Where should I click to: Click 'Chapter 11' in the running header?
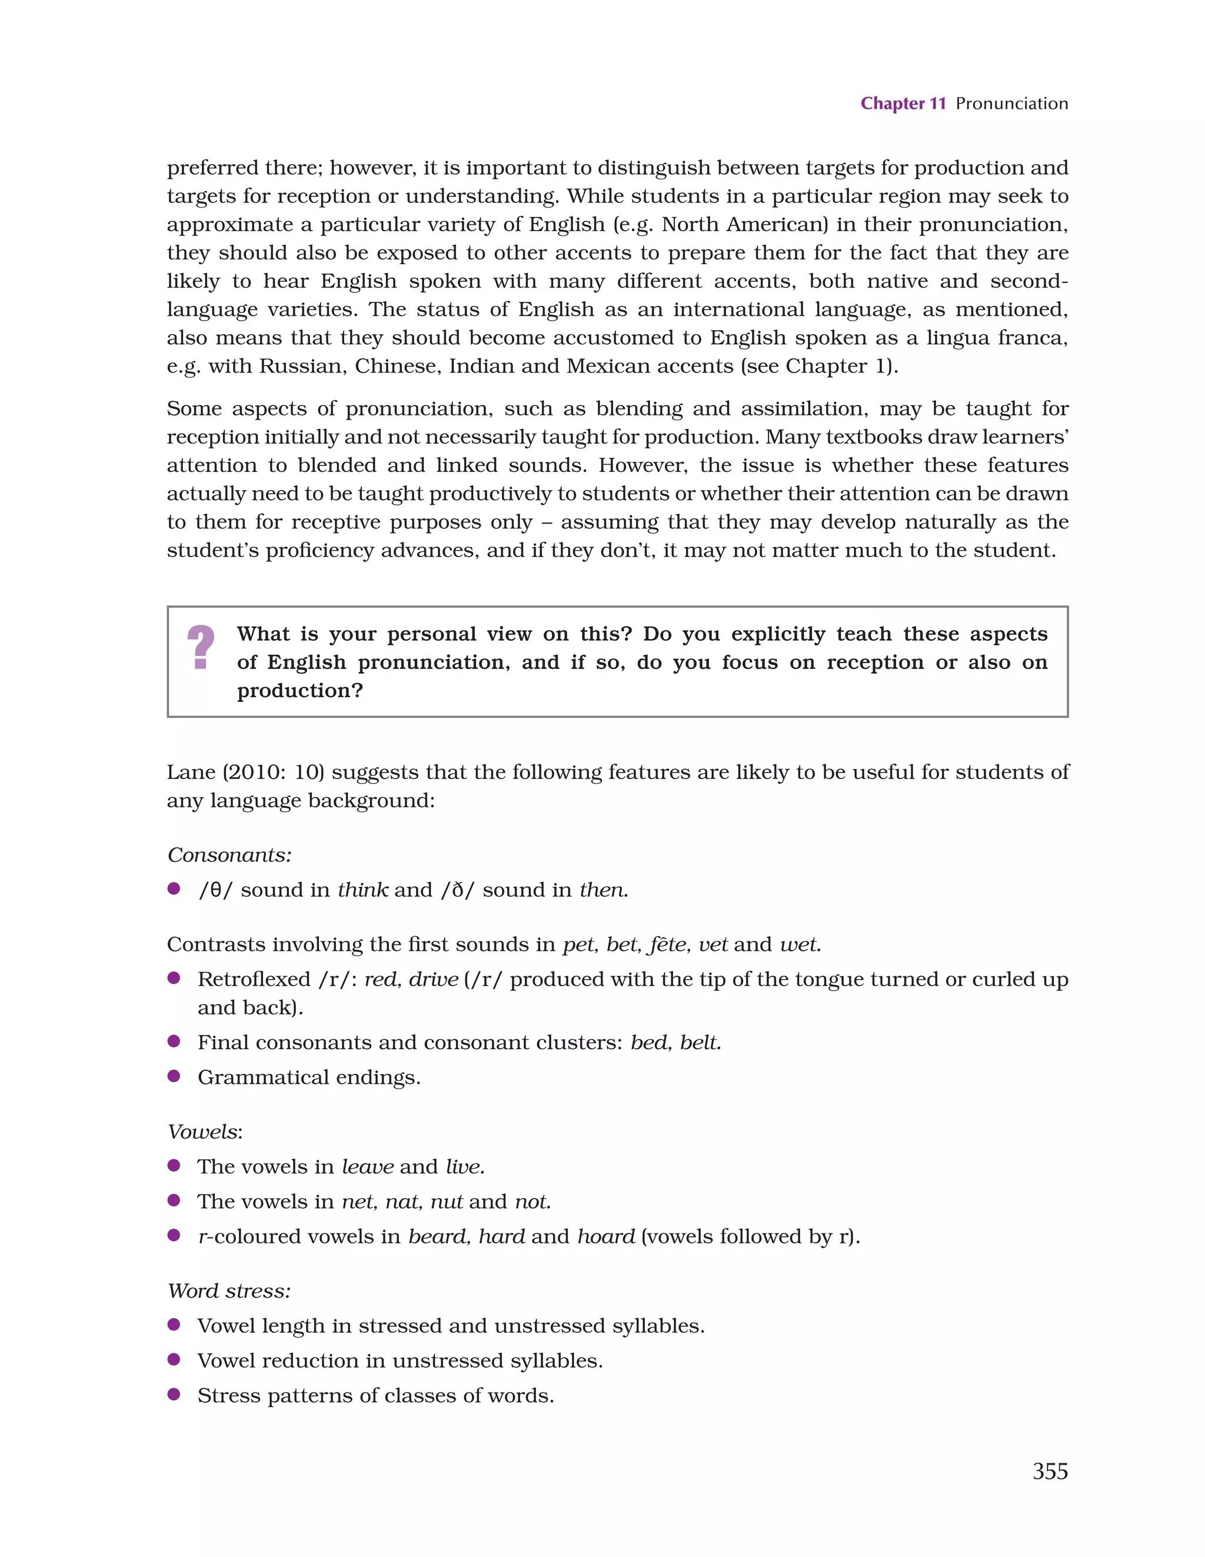(903, 104)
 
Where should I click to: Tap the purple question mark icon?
(201, 647)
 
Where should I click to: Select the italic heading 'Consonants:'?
(229, 855)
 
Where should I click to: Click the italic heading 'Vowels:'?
(205, 1132)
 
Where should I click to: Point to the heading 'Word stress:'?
(229, 1290)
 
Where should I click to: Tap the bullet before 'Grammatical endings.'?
(173, 1076)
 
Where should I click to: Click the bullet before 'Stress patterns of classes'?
(173, 1394)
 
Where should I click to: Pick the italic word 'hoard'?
(605, 1236)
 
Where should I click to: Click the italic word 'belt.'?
(700, 1042)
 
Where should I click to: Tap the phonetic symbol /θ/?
(215, 890)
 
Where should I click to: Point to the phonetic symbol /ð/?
(457, 890)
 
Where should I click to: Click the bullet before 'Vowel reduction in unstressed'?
(173, 1359)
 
